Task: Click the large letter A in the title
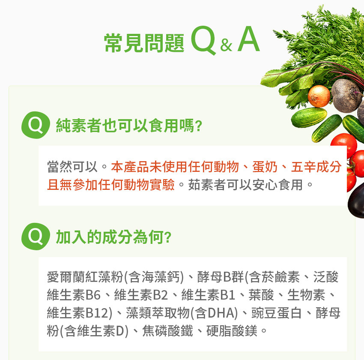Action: coord(248,39)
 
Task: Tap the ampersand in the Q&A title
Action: coord(226,45)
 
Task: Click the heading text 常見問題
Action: coord(144,43)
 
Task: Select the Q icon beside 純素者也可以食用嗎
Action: coord(36,125)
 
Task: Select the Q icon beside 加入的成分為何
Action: coord(36,237)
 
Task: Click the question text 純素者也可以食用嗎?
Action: coord(129,126)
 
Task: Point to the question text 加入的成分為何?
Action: coord(114,237)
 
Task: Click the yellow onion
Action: coord(319,96)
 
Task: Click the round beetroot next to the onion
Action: coord(346,96)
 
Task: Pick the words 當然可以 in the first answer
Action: coord(72,167)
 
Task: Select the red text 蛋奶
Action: coord(265,167)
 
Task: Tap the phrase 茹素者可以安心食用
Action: coord(245,185)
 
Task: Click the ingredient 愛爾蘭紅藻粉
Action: coord(85,277)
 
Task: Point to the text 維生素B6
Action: coord(74,295)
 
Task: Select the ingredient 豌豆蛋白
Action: coord(277,313)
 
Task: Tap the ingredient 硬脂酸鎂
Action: coord(232,331)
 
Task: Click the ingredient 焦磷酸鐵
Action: coord(167,331)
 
